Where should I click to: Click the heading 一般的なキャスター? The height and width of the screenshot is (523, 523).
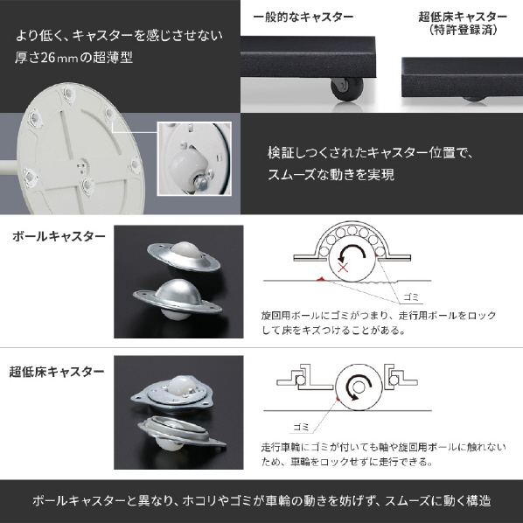[x=303, y=17]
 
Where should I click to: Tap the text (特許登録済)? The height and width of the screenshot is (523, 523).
[x=463, y=30]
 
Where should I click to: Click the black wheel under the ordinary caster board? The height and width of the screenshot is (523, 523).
[x=346, y=89]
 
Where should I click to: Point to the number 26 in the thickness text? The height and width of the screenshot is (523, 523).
[x=48, y=58]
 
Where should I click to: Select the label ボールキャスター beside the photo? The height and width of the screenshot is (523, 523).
[x=59, y=236]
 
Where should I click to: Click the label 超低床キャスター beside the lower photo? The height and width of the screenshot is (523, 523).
[x=57, y=372]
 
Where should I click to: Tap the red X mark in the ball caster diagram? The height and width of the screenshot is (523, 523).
[x=343, y=267]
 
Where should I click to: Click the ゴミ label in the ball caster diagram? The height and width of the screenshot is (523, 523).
[x=410, y=296]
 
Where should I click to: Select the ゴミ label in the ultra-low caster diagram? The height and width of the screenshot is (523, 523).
[x=301, y=427]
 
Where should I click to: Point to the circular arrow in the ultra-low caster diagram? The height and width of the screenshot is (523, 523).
[x=359, y=387]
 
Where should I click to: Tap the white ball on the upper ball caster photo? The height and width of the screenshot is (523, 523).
[x=185, y=249]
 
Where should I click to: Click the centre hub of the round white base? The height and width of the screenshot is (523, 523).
[x=82, y=165]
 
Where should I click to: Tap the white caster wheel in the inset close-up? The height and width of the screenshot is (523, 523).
[x=188, y=168]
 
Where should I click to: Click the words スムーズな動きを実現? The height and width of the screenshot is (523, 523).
[x=331, y=174]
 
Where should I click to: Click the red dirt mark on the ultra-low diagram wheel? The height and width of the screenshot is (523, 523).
[x=338, y=399]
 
